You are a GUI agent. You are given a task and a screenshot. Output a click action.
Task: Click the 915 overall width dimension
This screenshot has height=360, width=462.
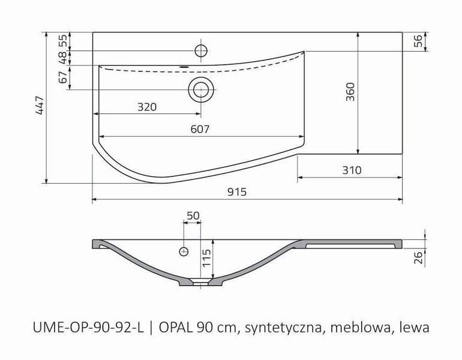pyautogui.click(x=238, y=192)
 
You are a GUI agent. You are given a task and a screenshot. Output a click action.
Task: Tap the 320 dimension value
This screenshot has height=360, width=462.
pyautogui.click(x=147, y=107)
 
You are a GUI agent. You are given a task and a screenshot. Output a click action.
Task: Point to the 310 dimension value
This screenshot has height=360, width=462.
pyautogui.click(x=351, y=170)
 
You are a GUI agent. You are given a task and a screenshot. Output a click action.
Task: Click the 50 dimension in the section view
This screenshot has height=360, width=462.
pyautogui.click(x=193, y=215)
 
